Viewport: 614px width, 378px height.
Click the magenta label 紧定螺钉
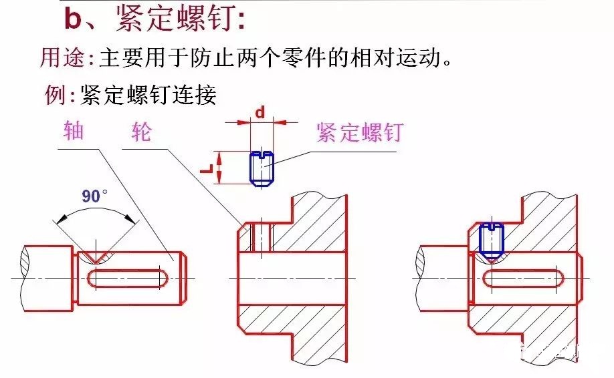359,132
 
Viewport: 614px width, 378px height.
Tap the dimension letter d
260,112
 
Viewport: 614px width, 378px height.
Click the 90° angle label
94,196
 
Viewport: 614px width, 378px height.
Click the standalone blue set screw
261,168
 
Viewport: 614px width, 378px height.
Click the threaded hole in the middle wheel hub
261,237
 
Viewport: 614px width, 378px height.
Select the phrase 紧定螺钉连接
148,95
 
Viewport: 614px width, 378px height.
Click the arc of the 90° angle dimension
94,209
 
